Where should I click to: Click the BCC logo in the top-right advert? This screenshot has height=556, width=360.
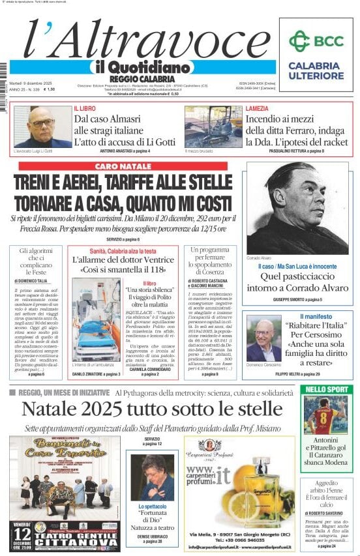316,40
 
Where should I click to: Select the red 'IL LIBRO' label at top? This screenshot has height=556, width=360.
85,108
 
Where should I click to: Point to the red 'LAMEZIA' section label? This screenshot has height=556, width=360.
257,108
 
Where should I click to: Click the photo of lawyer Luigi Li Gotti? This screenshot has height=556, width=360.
41,126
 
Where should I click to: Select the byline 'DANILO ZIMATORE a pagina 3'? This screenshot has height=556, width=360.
96,375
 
